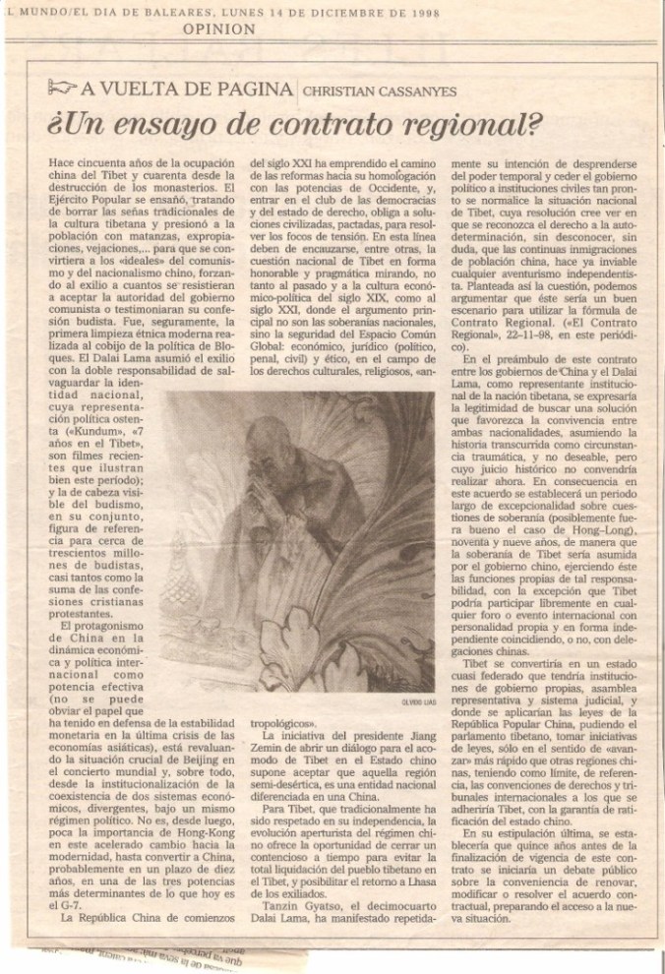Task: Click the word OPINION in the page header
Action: click(219, 30)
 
